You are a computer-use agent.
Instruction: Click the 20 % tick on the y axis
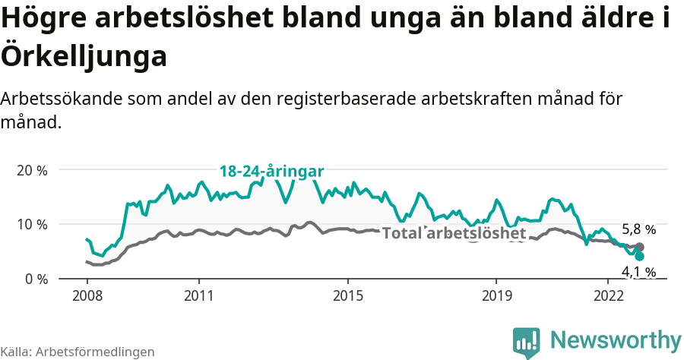[x=32, y=170]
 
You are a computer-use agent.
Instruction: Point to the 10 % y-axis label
[x=32, y=225]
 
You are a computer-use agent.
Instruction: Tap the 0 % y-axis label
[x=35, y=279]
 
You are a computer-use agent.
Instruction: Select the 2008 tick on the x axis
[x=87, y=295]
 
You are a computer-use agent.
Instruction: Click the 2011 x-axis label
[x=198, y=295]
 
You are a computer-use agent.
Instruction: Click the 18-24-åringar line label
[x=271, y=172]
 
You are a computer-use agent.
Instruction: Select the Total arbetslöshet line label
[x=454, y=233]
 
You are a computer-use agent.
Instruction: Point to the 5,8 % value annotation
[x=638, y=229]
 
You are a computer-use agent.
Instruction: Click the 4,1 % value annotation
[x=638, y=272]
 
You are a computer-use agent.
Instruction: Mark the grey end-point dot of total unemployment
[x=639, y=247]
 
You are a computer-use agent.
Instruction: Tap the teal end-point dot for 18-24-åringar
[x=639, y=256]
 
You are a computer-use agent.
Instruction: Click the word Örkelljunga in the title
[x=84, y=55]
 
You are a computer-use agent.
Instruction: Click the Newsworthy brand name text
[x=616, y=339]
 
